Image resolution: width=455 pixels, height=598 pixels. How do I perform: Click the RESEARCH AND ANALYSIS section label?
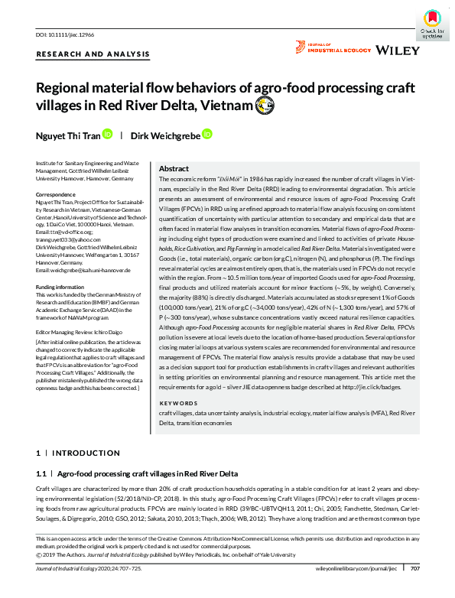[x=93, y=54]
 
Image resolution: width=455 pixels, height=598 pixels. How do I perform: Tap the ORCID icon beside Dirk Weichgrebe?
[x=206, y=135]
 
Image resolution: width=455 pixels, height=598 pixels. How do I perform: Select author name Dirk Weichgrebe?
[x=164, y=135]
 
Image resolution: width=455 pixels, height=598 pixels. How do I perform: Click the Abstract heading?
[x=174, y=168]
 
